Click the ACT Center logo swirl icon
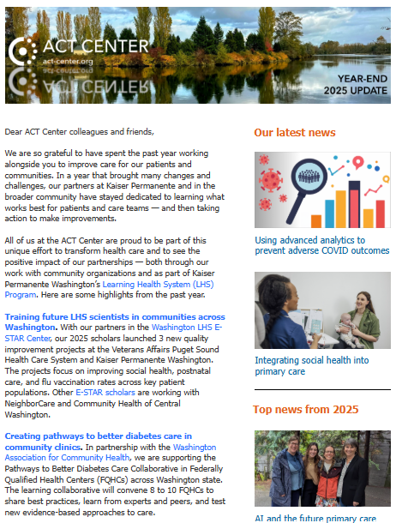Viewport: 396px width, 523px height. [25, 51]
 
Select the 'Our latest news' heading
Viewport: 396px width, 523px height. [294, 133]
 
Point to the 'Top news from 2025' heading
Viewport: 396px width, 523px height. [305, 411]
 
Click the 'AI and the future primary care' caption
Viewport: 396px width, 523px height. [315, 518]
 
